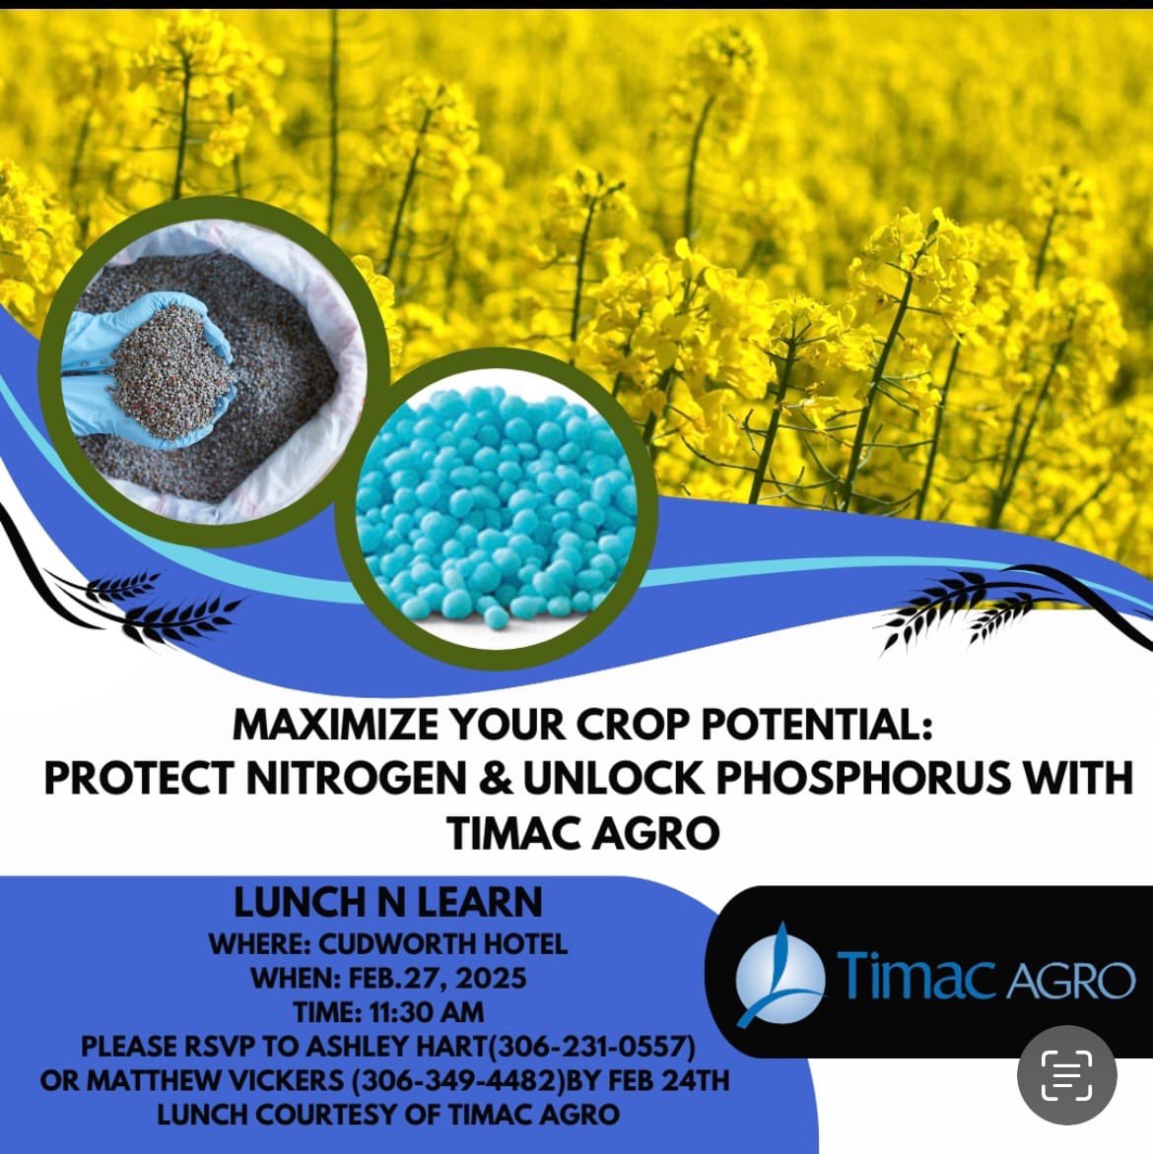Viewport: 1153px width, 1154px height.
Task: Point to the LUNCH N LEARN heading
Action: coord(388,902)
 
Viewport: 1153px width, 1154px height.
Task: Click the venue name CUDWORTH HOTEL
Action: coord(442,943)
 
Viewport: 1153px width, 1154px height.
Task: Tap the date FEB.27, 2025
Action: coord(438,978)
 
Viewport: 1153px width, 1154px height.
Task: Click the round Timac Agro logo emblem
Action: coord(780,974)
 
